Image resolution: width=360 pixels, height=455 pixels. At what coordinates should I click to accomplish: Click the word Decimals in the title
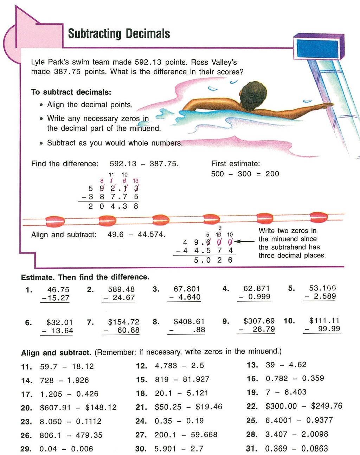pyautogui.click(x=148, y=34)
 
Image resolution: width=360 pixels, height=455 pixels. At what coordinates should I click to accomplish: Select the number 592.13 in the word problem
pyautogui.click(x=148, y=62)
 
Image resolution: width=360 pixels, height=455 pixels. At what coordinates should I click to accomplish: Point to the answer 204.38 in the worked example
pyautogui.click(x=113, y=206)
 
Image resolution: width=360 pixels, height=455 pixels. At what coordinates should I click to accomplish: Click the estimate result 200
pyautogui.click(x=272, y=174)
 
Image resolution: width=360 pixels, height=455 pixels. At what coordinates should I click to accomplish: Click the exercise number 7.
pyautogui.click(x=90, y=322)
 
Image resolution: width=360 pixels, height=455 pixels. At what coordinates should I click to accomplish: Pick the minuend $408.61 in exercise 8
pyautogui.click(x=189, y=322)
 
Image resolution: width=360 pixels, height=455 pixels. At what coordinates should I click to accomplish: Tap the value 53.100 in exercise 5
pyautogui.click(x=322, y=288)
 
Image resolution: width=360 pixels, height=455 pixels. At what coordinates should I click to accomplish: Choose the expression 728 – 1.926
pyautogui.click(x=64, y=380)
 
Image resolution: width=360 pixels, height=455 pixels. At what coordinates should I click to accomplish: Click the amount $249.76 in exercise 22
pyautogui.click(x=327, y=406)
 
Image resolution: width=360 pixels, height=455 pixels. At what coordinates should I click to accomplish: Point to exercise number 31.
pyautogui.click(x=252, y=448)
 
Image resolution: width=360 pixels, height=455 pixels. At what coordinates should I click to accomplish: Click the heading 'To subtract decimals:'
pyautogui.click(x=71, y=92)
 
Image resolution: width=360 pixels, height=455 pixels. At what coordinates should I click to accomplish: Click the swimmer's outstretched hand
pyautogui.click(x=328, y=105)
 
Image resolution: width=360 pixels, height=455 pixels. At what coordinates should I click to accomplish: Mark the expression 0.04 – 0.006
pyautogui.click(x=66, y=449)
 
